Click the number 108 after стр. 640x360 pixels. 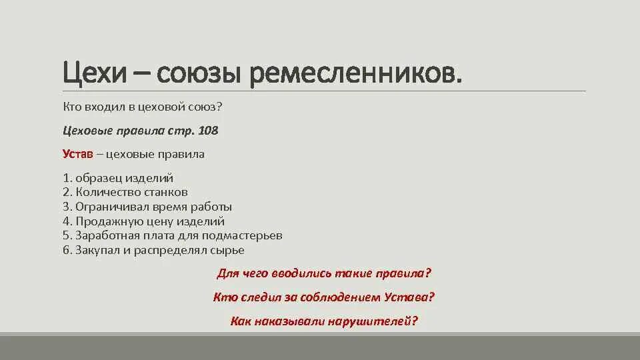208,131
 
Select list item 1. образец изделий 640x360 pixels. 118,178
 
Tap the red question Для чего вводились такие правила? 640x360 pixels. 325,273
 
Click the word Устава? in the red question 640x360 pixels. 410,297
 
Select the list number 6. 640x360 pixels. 67,250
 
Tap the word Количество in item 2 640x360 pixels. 103,192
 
